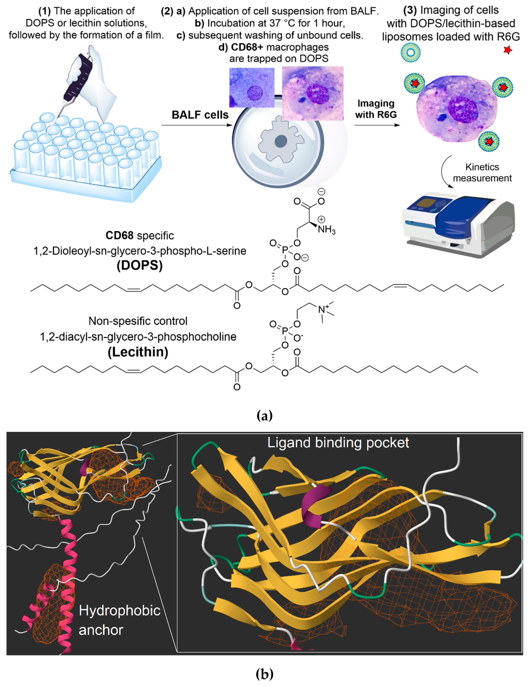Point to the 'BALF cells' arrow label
200,115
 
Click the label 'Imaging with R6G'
376,109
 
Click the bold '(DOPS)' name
140,266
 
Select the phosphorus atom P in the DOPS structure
285,250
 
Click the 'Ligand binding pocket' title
338,443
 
